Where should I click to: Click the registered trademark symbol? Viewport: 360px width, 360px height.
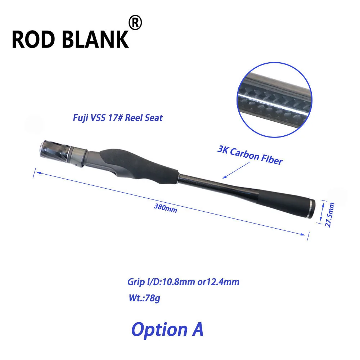(x=135, y=22)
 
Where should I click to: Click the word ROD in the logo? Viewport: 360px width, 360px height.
(x=33, y=39)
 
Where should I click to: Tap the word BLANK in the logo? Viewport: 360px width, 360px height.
(x=95, y=39)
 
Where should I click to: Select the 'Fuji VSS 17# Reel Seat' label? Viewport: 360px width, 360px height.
(x=118, y=118)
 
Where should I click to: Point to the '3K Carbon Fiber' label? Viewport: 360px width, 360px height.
(x=250, y=156)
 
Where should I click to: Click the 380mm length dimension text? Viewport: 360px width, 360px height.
(x=166, y=208)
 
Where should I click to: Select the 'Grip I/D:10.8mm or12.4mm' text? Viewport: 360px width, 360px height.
(x=183, y=282)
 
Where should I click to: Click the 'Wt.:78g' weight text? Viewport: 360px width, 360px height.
(x=144, y=298)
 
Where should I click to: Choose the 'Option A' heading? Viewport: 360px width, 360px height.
(x=167, y=329)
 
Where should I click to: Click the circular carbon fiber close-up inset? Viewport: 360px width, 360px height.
(x=274, y=100)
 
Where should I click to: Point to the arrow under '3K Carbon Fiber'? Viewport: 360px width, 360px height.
(x=236, y=170)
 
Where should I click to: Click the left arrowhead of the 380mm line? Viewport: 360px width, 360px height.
(x=39, y=173)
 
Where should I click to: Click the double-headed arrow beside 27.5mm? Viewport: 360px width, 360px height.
(x=322, y=212)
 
